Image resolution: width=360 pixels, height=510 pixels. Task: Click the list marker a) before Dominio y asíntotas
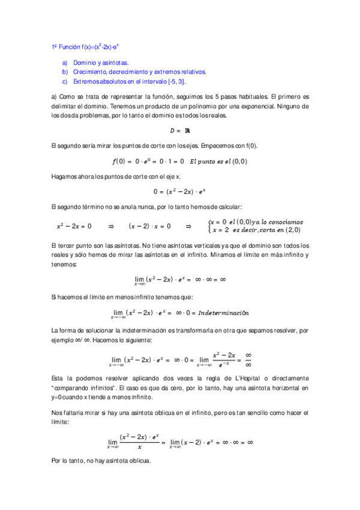[x=64, y=63]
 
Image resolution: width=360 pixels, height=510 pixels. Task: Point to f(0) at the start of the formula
[x=121, y=161]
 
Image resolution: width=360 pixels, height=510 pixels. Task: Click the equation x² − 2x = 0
[x=74, y=226]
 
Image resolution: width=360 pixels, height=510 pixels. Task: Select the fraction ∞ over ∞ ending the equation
[x=248, y=359]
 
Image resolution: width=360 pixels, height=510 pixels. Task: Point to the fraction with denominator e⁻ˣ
[x=224, y=359]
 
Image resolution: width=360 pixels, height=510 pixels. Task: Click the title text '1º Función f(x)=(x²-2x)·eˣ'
[x=89, y=46]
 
